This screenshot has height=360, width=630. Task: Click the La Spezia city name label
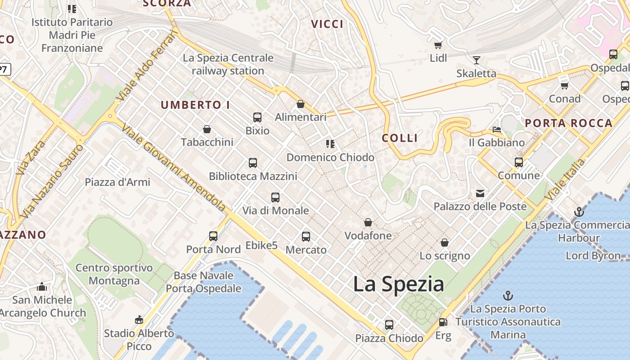click(x=398, y=284)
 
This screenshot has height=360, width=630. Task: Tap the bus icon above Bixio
click(x=257, y=117)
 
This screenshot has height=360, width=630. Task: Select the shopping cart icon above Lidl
click(x=438, y=45)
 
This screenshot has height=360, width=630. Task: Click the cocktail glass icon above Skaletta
click(x=476, y=60)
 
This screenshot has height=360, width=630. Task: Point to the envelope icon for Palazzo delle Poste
click(x=480, y=193)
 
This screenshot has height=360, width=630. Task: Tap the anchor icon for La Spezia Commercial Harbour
click(x=579, y=211)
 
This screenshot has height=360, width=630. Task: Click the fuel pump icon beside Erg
click(x=443, y=322)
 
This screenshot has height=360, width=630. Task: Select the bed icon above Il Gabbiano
click(x=496, y=130)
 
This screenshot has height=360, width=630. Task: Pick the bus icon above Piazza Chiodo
click(x=389, y=324)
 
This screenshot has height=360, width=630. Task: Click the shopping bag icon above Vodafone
click(x=368, y=222)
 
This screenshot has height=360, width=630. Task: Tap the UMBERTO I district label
click(x=195, y=105)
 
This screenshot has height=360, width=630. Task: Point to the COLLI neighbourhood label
click(x=400, y=138)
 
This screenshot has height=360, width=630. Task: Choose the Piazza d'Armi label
click(x=117, y=182)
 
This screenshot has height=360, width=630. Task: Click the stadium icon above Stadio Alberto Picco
click(x=139, y=320)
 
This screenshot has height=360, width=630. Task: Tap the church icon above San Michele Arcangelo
click(x=42, y=287)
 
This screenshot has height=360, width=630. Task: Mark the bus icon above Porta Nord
click(x=213, y=236)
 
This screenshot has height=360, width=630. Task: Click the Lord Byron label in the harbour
click(x=593, y=256)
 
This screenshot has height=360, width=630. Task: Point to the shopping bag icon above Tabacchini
click(x=207, y=130)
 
